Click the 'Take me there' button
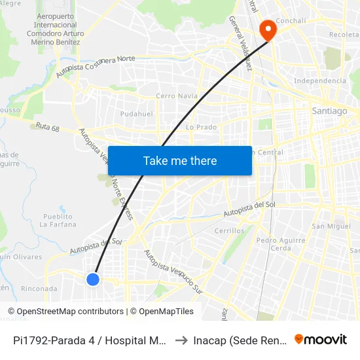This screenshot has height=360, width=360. pyautogui.click(x=180, y=160)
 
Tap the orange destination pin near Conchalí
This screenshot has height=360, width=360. pyautogui.click(x=267, y=29)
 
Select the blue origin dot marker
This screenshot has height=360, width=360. pyautogui.click(x=93, y=279)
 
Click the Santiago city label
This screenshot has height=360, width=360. pyautogui.click(x=330, y=111)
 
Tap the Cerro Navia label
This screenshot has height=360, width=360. pyautogui.click(x=177, y=96)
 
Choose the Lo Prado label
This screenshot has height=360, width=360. pyautogui.click(x=201, y=127)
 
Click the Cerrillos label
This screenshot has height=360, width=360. pyautogui.click(x=229, y=230)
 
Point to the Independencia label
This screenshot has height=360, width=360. pyautogui.click(x=320, y=81)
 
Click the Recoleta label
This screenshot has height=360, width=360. pyautogui.click(x=345, y=34)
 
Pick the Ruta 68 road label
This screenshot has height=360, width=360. pyautogui.click(x=48, y=128)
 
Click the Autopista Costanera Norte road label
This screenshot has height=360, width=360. pyautogui.click(x=95, y=66)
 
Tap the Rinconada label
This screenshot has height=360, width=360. pyautogui.click(x=39, y=289)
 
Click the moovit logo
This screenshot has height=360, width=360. pyautogui.click(x=321, y=339)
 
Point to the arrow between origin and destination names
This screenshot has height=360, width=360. pyautogui.click(x=181, y=340)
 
